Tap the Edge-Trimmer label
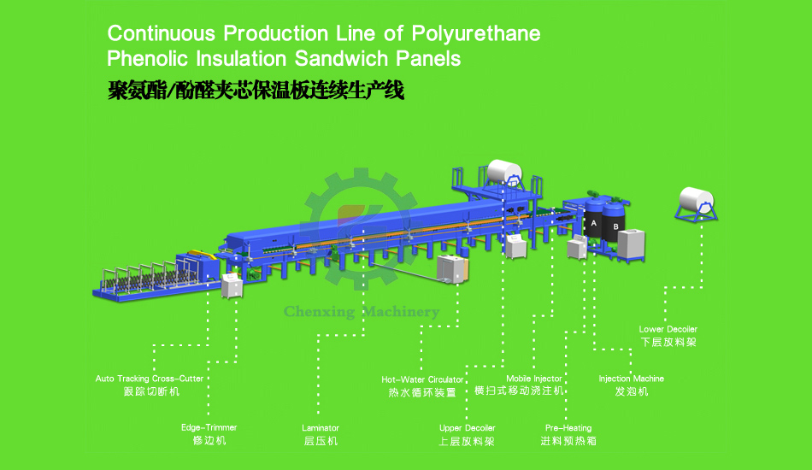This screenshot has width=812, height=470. (209, 427)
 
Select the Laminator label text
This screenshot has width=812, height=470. (321, 428)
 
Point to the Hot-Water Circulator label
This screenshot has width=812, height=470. (422, 379)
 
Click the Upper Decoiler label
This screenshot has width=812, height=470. (468, 428)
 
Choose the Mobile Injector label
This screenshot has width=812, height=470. (534, 379)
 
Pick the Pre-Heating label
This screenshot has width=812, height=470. (568, 428)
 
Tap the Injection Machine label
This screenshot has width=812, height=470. (631, 379)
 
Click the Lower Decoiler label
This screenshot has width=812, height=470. (668, 329)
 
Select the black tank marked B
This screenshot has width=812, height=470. (615, 224)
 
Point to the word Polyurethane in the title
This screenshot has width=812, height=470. (476, 34)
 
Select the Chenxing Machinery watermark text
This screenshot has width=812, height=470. (362, 312)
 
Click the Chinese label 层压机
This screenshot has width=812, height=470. (321, 441)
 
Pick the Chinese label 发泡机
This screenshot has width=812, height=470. (632, 391)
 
